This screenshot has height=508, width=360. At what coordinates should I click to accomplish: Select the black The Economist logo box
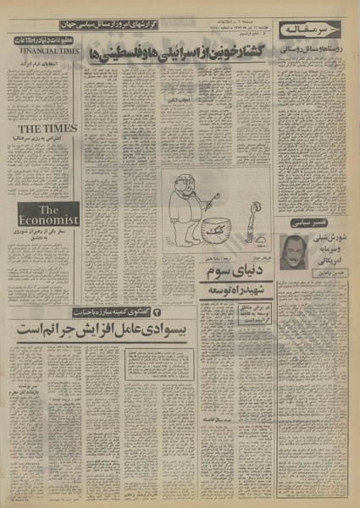pos(42,214)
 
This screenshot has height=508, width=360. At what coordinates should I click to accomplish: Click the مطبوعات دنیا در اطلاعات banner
pos(42,41)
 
